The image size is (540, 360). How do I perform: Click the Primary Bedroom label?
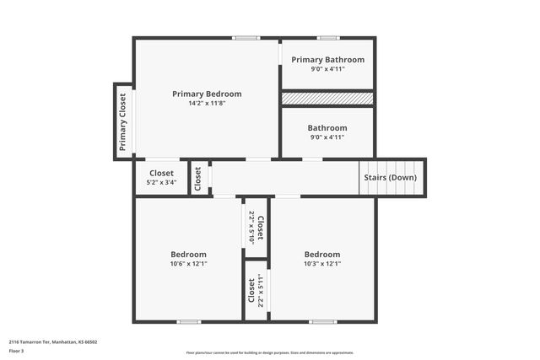[207, 94]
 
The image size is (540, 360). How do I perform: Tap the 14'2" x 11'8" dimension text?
[207, 103]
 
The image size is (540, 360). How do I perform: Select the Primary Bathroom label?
[327, 60]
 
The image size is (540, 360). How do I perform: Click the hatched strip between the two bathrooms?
[327, 99]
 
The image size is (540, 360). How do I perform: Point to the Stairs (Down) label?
[390, 178]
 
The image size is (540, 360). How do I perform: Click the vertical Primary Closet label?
[123, 121]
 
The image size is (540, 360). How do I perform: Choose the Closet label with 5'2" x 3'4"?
[161, 173]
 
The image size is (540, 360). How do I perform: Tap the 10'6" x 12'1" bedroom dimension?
[188, 263]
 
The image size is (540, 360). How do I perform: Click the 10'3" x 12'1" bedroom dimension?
[321, 263]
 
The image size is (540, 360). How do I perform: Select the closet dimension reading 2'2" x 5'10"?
[251, 228]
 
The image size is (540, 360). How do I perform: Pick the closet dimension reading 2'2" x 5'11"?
[261, 290]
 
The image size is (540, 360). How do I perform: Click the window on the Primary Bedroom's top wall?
[246, 37]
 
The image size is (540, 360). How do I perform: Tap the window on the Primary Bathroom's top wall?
[328, 37]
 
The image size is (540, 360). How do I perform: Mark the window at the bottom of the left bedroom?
[188, 321]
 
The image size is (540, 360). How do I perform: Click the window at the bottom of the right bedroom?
[322, 321]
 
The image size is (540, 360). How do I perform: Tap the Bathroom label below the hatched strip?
[327, 128]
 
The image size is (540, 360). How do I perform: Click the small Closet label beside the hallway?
[198, 177]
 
